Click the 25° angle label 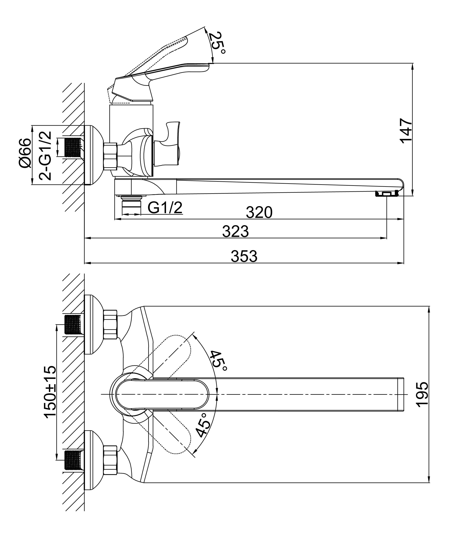217,43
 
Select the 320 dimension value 259,212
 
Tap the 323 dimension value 235,231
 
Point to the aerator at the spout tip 387,194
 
